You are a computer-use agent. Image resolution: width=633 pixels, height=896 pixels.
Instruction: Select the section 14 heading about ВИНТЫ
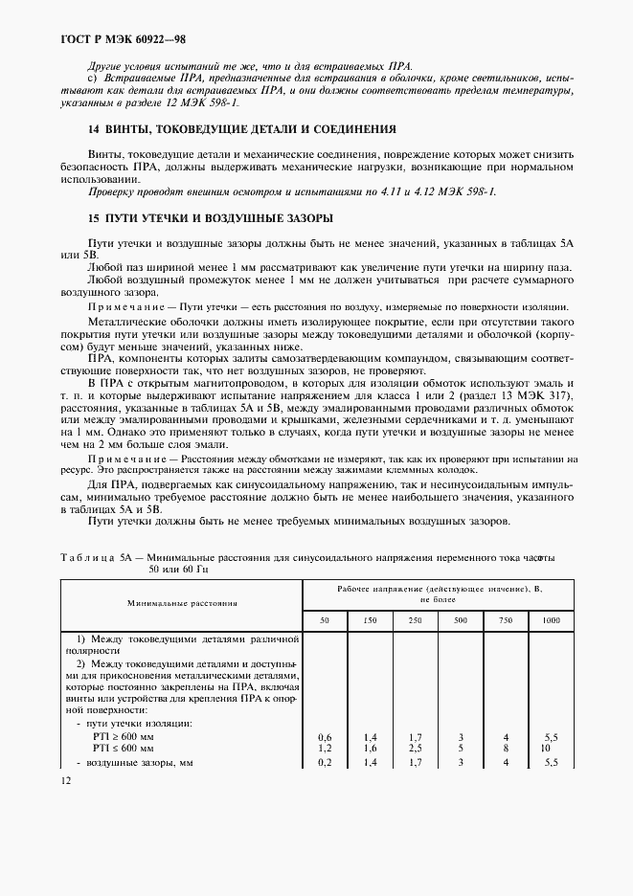pyautogui.click(x=228, y=129)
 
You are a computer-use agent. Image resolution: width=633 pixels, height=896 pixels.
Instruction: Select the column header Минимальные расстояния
pyautogui.click(x=182, y=603)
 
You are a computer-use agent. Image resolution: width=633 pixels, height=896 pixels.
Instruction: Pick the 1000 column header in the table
pyautogui.click(x=551, y=621)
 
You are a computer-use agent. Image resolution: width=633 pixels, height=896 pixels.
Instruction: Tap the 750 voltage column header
pyautogui.click(x=506, y=621)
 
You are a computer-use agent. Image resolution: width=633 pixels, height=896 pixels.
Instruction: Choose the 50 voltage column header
pyautogui.click(x=325, y=621)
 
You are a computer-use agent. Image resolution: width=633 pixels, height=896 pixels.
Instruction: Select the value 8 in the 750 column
pyautogui.click(x=506, y=746)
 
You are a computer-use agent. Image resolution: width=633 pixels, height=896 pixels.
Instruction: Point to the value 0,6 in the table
pyautogui.click(x=325, y=735)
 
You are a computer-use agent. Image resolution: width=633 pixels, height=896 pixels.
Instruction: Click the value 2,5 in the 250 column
pyautogui.click(x=415, y=746)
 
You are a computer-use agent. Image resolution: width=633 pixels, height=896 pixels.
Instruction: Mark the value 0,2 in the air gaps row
pyautogui.click(x=325, y=761)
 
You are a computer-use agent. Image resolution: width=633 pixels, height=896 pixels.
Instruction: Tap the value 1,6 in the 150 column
pyautogui.click(x=370, y=746)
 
